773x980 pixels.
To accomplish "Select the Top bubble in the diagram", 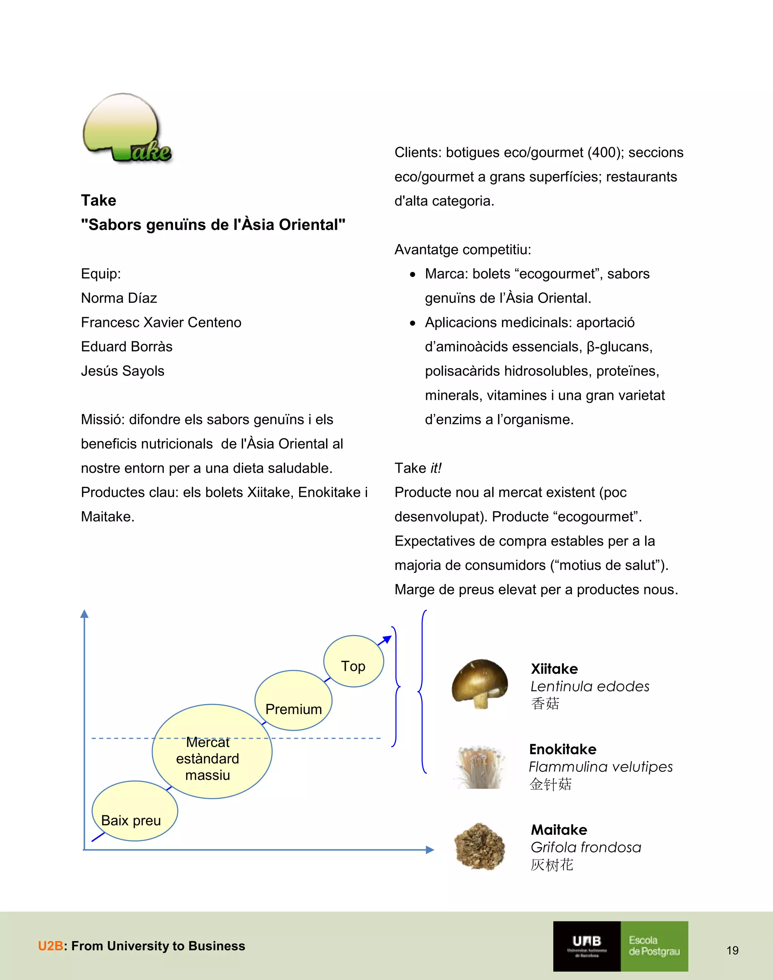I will [353, 662].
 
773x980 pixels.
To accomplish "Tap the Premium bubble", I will [293, 700].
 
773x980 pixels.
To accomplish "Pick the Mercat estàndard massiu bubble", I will [211, 752].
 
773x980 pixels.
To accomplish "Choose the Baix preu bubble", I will [134, 811].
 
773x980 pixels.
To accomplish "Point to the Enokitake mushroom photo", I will [480, 767].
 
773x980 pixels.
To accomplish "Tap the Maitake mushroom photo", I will [480, 847].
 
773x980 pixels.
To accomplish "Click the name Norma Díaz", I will [119, 298].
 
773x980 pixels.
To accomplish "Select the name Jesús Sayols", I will [123, 371].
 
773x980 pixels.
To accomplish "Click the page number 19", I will [732, 950].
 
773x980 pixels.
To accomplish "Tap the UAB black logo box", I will [587, 946].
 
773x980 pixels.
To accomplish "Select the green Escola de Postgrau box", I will [654, 946].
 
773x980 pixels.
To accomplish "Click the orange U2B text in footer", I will [50, 946].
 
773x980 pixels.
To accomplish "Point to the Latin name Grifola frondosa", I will [586, 847].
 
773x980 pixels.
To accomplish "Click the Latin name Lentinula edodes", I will [590, 687].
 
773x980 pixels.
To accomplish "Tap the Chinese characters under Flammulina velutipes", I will [550, 784].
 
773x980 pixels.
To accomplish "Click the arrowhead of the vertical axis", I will [84, 614].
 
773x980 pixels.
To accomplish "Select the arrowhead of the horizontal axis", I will [430, 850].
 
